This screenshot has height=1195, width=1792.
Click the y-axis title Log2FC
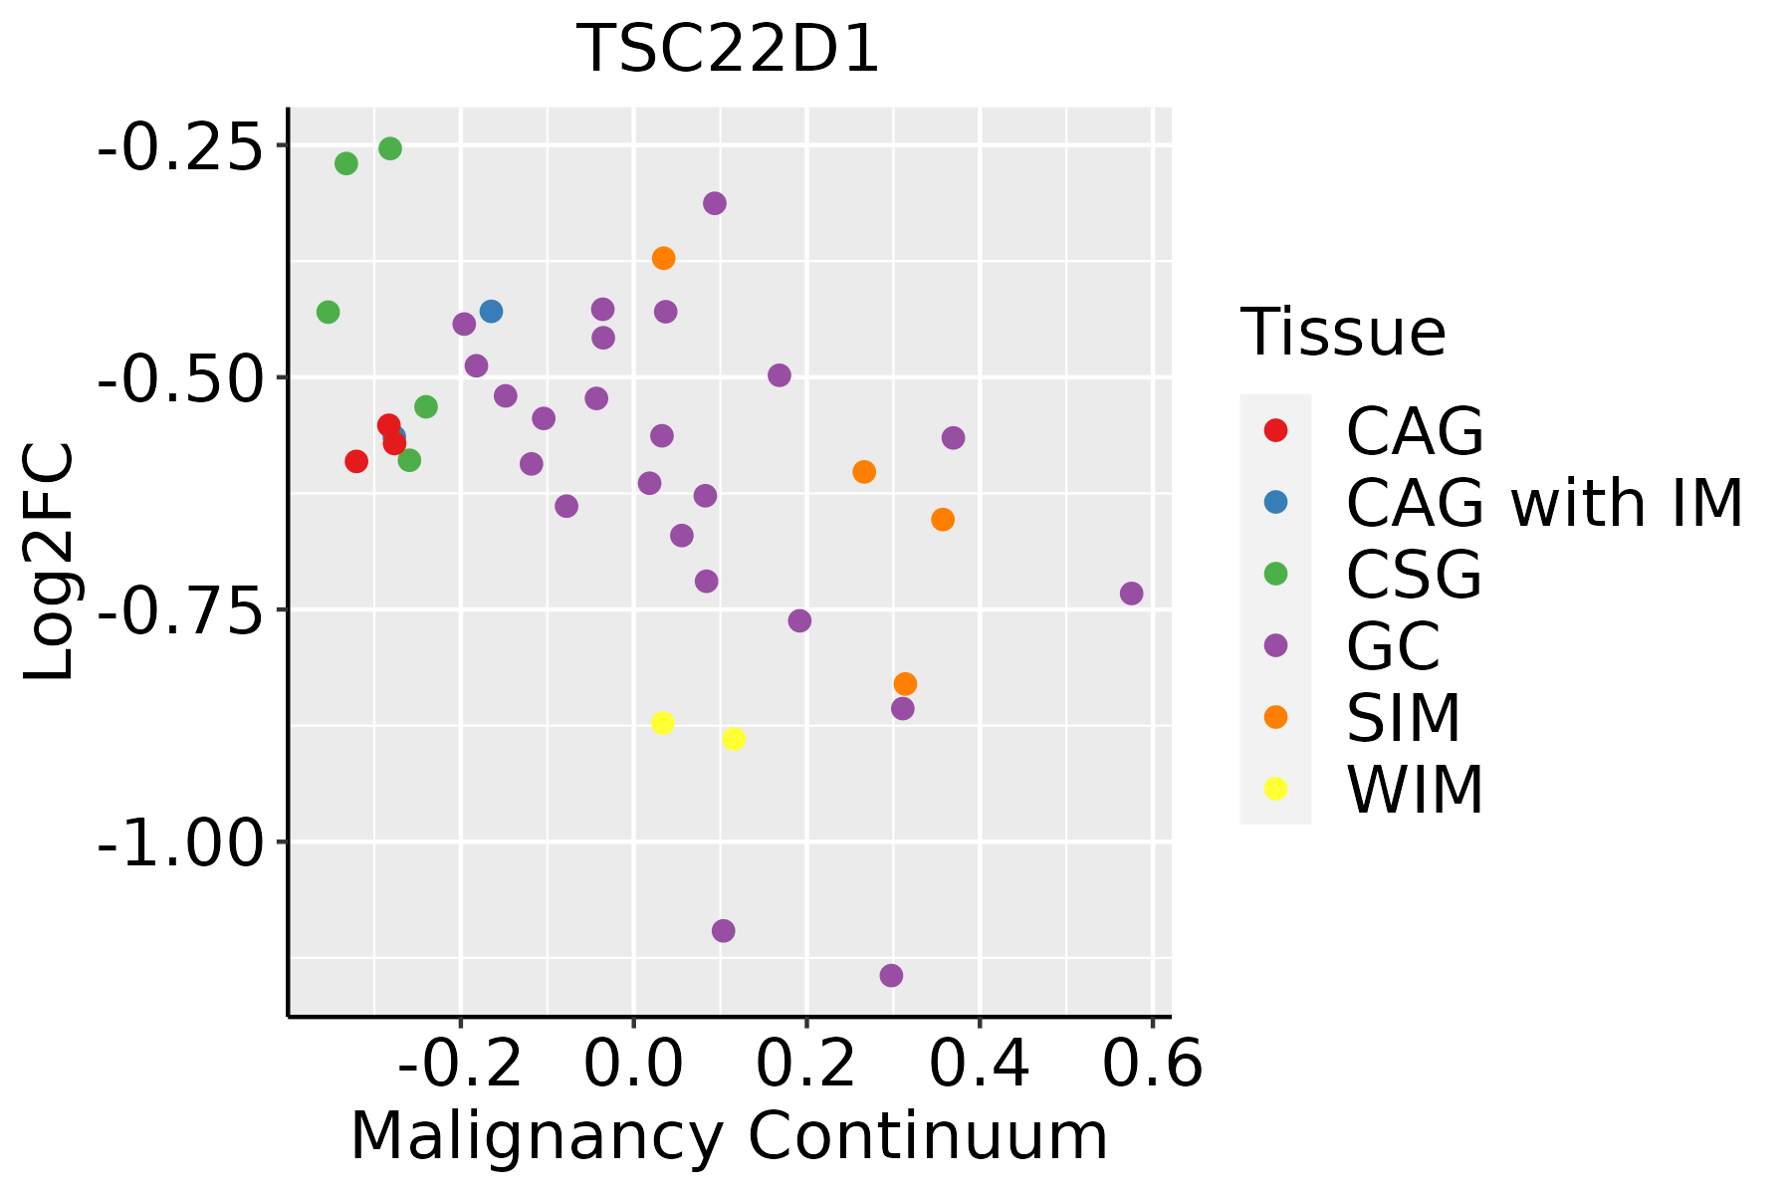50,563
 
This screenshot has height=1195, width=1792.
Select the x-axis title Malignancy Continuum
729,1136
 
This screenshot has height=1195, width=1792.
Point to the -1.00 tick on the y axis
179,842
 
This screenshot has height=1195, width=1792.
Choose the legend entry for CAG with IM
1544,503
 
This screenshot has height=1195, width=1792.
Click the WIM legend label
1415,790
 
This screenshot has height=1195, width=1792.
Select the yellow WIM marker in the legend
1275,789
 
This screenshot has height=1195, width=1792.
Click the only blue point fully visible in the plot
491,312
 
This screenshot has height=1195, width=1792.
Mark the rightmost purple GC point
1131,594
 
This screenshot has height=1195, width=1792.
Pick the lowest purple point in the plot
891,975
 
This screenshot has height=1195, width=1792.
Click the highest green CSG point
390,148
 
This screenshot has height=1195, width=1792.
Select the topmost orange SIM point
664,258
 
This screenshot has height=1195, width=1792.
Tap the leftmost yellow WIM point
662,723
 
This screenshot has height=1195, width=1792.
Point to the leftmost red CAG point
356,461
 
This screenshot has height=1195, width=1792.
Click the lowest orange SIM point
905,684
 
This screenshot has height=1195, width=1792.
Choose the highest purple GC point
715,203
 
